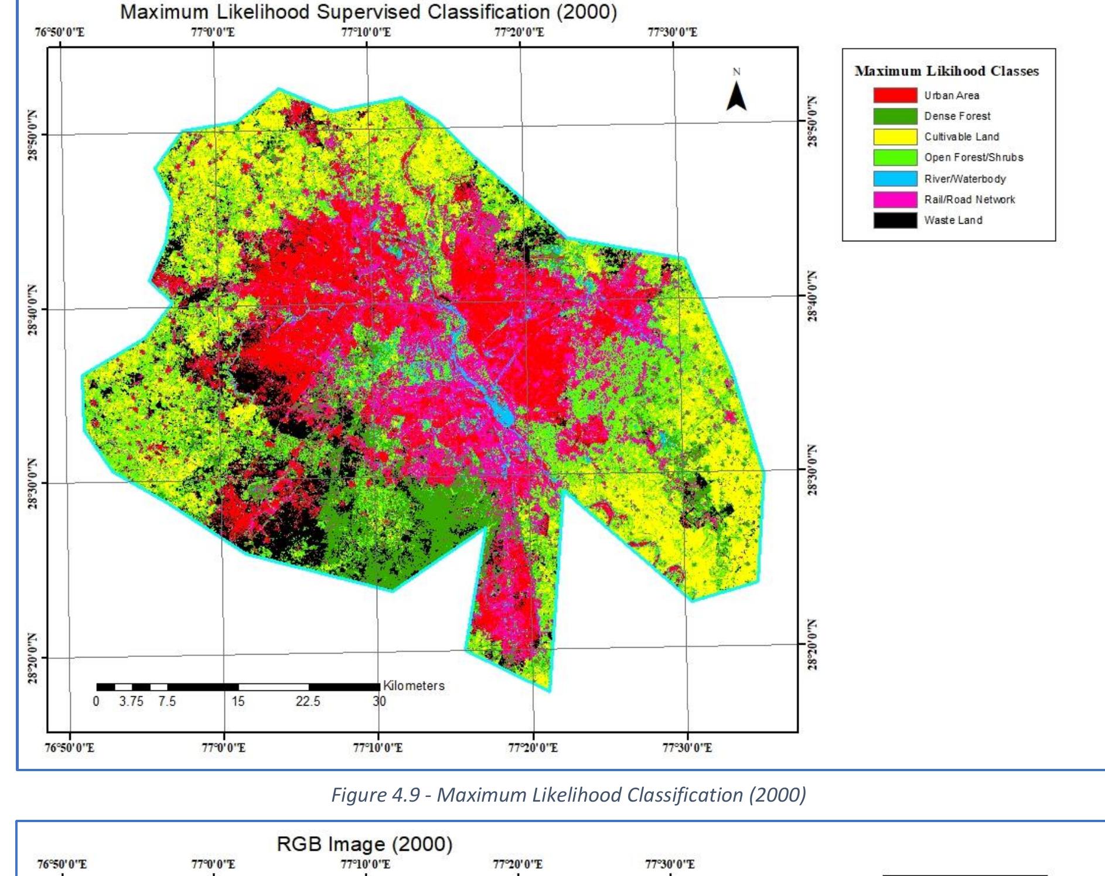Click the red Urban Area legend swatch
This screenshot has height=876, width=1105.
pos(895,95)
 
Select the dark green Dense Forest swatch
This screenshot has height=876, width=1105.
pos(895,116)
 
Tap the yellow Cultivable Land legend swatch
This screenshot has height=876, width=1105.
pos(895,137)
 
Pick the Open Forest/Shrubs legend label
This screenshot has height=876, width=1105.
pos(973,158)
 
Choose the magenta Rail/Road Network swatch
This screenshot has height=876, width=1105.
pos(895,200)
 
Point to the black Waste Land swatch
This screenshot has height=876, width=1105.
pos(895,220)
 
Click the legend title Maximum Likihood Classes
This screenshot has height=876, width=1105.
pos(946,71)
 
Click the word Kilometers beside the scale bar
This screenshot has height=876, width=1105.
pos(414,686)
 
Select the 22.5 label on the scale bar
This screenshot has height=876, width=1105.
pos(308,702)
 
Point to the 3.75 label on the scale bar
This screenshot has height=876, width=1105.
pos(131,702)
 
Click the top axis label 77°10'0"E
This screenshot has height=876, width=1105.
pos(366,32)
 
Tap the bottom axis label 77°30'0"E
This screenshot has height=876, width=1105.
pos(687,748)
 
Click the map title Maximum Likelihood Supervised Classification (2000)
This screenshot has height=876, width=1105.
pos(368,12)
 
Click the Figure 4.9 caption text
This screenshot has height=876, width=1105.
pos(568,795)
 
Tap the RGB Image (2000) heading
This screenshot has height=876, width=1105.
pos(364,844)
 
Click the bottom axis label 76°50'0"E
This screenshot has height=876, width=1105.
pos(69,748)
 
